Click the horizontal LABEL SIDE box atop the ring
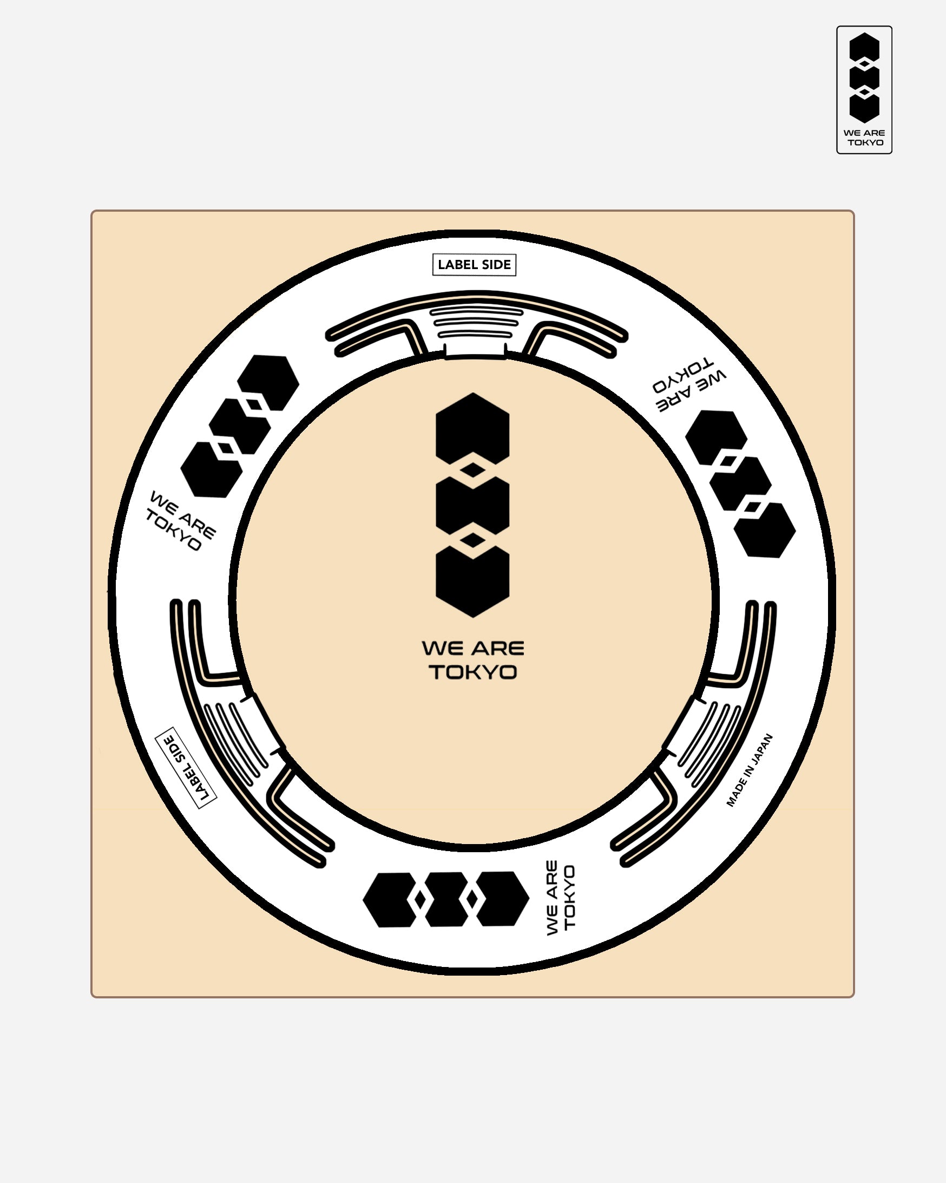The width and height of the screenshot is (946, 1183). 475,264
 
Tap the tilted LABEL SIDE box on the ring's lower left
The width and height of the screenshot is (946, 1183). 186,768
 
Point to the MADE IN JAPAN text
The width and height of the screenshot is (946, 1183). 749,770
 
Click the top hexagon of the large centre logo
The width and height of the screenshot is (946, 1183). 472,429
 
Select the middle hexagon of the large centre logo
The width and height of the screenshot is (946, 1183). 472,505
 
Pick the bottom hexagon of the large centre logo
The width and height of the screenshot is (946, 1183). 472,583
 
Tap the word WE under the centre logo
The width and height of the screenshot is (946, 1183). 442,648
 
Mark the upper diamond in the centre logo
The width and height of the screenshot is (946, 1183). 472,470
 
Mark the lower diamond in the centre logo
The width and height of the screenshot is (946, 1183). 472,540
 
